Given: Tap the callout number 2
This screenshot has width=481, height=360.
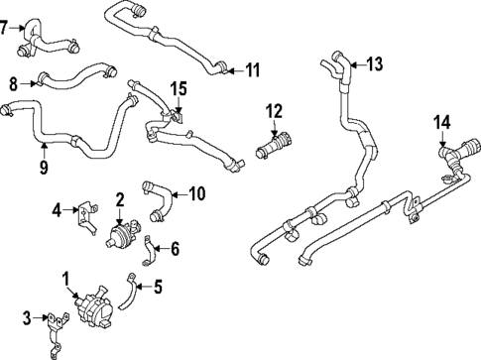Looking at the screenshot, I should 119,198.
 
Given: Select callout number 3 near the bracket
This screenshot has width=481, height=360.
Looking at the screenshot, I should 27,317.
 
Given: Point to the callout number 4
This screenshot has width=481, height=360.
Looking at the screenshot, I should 58,208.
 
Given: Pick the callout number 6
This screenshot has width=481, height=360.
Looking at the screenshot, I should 177,248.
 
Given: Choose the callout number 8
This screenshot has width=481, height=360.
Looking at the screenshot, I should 13,82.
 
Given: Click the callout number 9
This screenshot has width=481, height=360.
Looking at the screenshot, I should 44,167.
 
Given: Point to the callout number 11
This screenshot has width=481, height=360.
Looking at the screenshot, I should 253,69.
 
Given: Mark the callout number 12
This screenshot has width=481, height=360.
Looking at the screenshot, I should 274,110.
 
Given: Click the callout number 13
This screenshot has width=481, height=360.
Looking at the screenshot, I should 373,64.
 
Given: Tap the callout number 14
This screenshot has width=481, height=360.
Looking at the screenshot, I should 442,122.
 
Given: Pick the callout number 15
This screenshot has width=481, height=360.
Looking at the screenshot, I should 178,89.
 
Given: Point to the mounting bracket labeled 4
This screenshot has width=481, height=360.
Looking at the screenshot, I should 87,211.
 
